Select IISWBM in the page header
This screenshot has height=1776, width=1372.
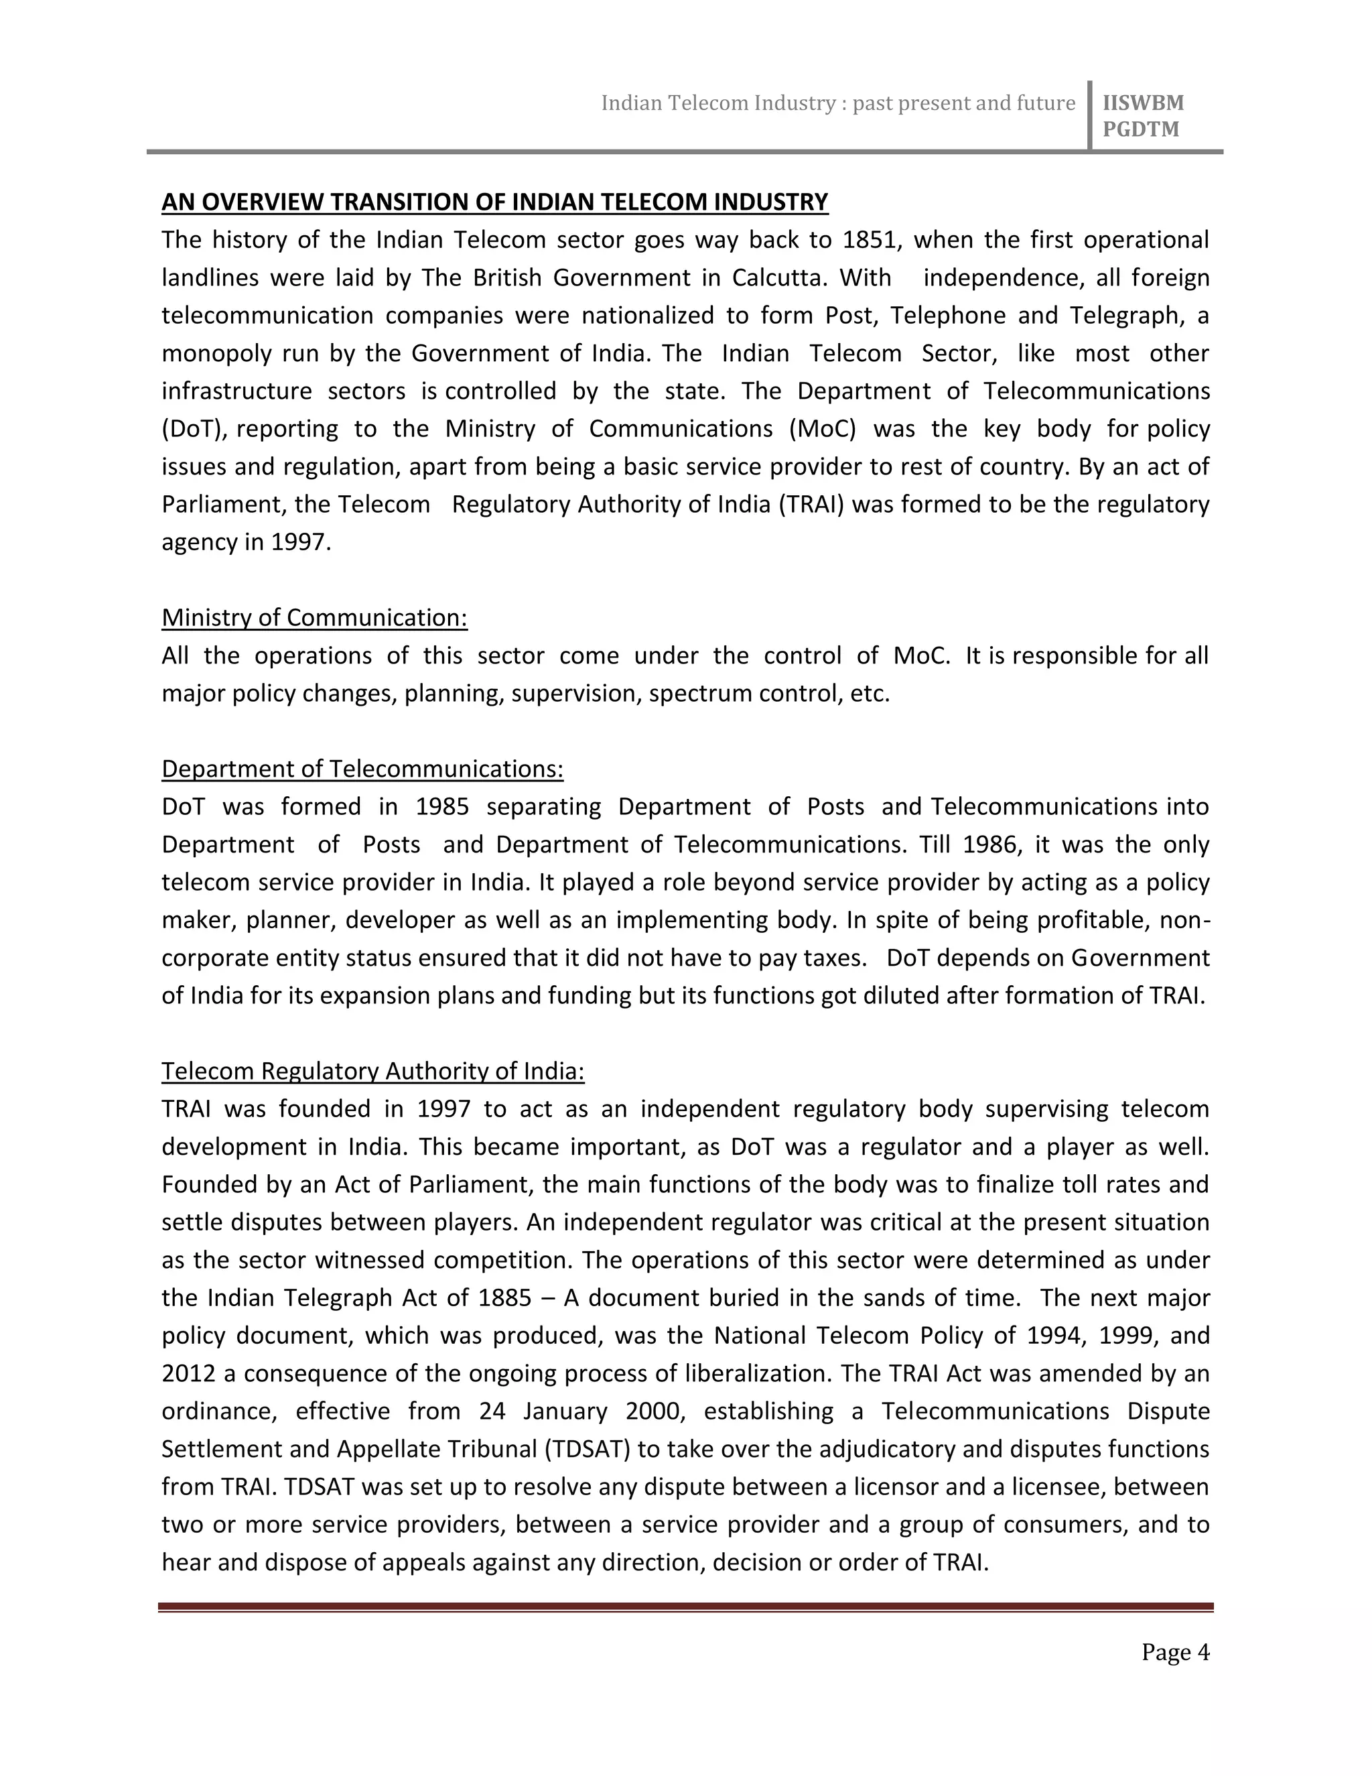tap(1143, 103)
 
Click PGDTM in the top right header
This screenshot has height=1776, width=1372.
tap(1140, 129)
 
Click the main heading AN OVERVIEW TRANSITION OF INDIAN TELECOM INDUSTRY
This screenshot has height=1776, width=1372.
tap(494, 202)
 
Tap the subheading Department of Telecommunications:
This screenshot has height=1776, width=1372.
tap(362, 769)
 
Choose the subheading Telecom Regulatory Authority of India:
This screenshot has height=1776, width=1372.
tap(373, 1072)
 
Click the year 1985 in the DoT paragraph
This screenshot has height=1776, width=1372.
tap(442, 807)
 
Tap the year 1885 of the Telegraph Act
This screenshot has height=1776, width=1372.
tap(504, 1298)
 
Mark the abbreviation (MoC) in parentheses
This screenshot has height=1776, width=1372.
tap(823, 428)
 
